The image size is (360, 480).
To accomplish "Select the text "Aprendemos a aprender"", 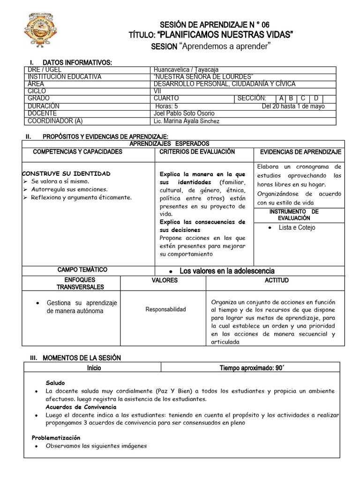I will coord(225,46).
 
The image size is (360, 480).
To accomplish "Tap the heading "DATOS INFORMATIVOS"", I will coord(77,62).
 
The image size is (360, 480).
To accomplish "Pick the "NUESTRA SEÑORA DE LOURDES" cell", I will coord(203,77).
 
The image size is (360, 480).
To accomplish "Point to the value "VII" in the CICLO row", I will coord(157,91).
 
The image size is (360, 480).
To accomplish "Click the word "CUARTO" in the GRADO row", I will coord(166,98).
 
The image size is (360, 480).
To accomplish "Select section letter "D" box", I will coord(316,98).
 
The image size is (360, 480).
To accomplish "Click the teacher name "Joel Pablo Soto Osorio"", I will coord(184,113).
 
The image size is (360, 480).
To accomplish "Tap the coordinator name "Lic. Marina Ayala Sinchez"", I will coord(186,121).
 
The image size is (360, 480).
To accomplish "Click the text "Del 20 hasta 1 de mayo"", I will coord(293,106).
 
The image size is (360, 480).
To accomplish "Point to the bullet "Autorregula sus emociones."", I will coord(69,189).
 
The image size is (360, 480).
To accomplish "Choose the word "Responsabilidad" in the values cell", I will coord(165,309).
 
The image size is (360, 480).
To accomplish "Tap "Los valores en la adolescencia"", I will coord(227,271).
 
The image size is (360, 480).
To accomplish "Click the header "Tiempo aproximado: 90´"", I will coord(252,368).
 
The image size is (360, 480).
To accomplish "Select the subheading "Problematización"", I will coord(56,437).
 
